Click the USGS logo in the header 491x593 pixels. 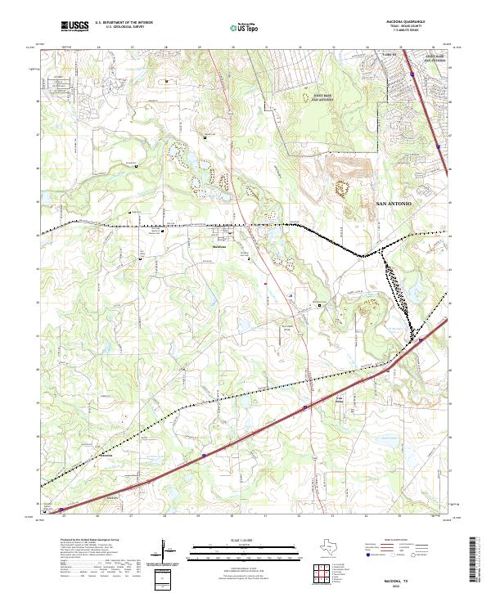tap(74, 27)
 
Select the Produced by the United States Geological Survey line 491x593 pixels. tap(87, 541)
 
